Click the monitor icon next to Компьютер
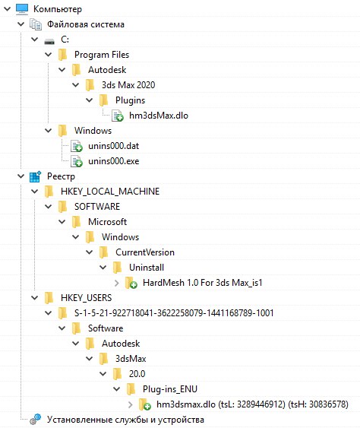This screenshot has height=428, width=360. pos(22,8)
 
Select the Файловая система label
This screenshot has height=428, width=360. pos(86,24)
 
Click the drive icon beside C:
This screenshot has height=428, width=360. pos(49,41)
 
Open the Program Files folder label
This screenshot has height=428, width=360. pos(102,55)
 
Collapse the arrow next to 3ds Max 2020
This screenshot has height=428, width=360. pos(75,85)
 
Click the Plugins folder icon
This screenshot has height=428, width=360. pos(103,100)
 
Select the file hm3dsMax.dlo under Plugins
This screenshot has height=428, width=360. pos(159,116)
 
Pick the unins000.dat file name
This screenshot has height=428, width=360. pos(113,146)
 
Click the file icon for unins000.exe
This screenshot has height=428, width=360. pos(77,161)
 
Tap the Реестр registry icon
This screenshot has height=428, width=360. pos(35,176)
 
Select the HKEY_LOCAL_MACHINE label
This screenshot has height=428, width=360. pos(110,192)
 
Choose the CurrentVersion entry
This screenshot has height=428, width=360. pos(145,252)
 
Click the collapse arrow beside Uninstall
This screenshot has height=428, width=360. pos(103,268)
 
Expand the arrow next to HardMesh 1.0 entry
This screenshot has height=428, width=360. pos(117,283)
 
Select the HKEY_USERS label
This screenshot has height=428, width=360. pos(86,297)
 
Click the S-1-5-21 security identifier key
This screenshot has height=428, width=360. pos(174,312)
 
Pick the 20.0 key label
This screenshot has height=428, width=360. pos(137,374)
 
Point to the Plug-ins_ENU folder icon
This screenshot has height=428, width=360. pos(131,389)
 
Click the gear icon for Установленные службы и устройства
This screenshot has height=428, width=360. pos(35,420)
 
